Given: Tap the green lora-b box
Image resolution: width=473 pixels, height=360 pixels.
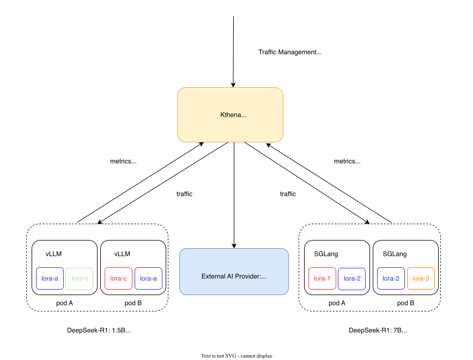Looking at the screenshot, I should click(x=80, y=278).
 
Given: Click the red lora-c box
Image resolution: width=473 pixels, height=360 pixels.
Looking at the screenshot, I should click(x=118, y=278).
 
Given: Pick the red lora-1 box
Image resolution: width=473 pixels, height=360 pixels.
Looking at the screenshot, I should click(x=322, y=278).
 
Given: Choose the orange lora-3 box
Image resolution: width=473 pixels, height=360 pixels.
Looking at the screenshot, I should click(x=421, y=278).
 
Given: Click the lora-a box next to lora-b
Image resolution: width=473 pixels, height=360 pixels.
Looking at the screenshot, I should click(x=50, y=278).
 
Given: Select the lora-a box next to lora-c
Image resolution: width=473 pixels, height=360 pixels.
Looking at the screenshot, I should click(x=148, y=278).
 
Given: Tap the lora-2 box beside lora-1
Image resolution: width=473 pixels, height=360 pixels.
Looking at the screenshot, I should click(x=352, y=278).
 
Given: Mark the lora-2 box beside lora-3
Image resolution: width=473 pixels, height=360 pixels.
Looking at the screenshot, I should click(x=391, y=278).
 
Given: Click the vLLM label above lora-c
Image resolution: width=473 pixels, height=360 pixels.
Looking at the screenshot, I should click(x=122, y=254).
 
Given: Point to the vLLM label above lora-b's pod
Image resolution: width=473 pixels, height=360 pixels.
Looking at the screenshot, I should click(x=53, y=254).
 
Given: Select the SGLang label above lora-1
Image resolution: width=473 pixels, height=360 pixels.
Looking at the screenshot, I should click(x=326, y=254).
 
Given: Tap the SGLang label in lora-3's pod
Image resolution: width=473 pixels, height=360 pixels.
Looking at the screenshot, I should click(x=395, y=254).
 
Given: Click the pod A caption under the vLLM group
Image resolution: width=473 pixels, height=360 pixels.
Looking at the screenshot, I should click(x=64, y=303).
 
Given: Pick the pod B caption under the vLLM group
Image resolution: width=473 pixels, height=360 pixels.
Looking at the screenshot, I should click(x=133, y=303).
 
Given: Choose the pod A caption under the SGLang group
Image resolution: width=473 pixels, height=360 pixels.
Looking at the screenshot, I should click(x=337, y=303).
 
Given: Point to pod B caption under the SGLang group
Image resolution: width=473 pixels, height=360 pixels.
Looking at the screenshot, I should click(x=405, y=303).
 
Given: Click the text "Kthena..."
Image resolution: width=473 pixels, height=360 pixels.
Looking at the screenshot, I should click(x=233, y=115).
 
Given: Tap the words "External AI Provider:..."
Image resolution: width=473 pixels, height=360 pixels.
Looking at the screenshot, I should click(x=234, y=276).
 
